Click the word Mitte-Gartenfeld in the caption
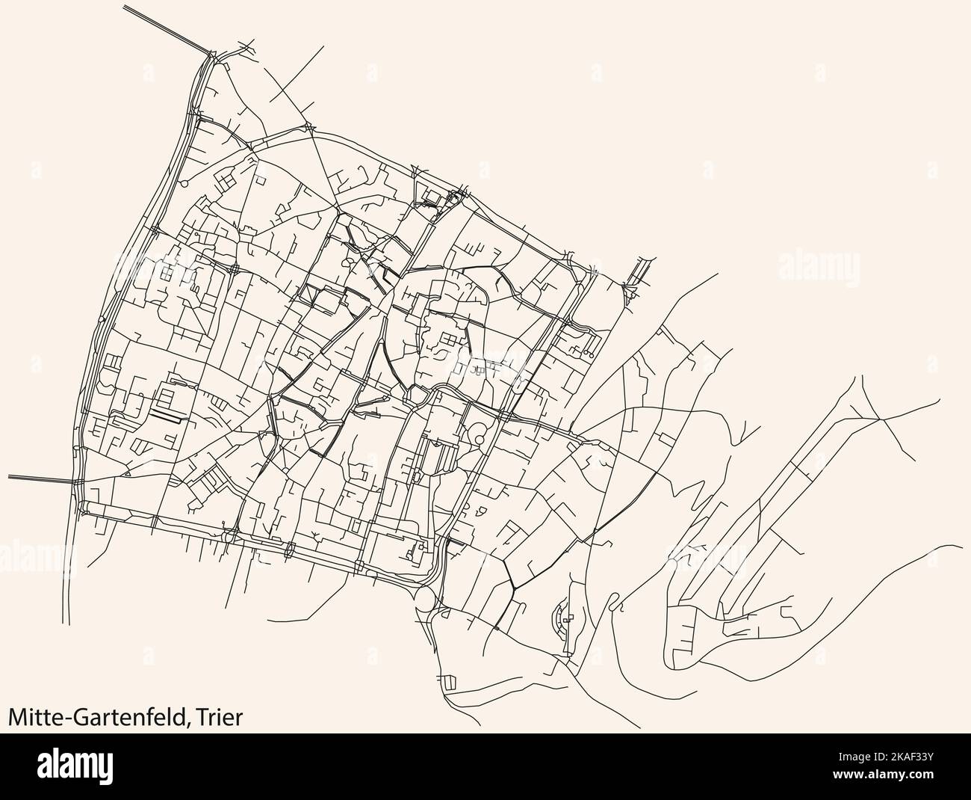(98, 718)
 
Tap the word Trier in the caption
(220, 718)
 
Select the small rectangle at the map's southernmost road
(449, 682)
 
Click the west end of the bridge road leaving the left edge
(10, 476)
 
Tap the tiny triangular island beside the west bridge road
(128, 473)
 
